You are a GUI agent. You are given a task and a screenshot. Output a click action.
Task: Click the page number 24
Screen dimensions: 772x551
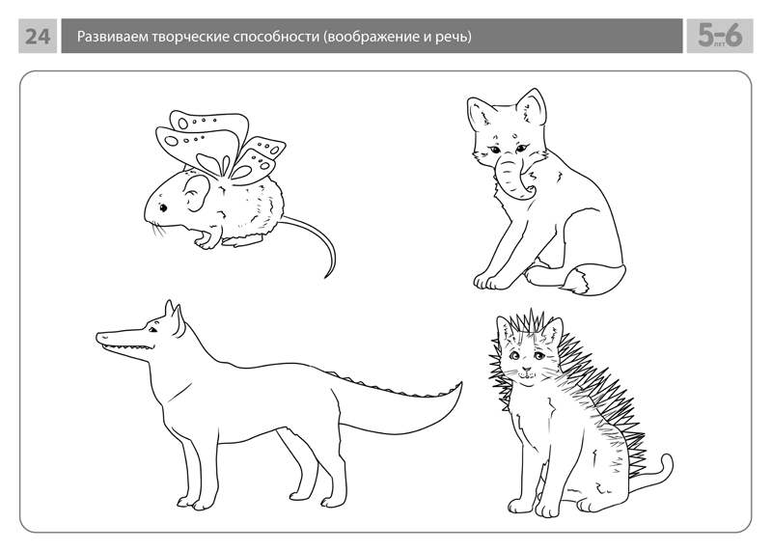[38, 37]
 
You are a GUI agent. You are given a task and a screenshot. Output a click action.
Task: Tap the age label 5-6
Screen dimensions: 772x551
[720, 36]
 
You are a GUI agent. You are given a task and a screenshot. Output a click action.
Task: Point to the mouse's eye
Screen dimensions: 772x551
[163, 207]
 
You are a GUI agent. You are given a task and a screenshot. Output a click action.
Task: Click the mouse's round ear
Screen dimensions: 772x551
[196, 193]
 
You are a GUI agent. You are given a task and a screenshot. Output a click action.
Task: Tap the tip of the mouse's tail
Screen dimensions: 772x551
[325, 278]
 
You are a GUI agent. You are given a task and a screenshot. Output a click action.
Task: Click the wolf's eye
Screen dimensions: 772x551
[153, 330]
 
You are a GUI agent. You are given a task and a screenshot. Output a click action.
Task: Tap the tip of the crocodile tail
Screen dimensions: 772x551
[461, 382]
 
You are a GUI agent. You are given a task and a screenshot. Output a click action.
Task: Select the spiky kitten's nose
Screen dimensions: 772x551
[526, 369]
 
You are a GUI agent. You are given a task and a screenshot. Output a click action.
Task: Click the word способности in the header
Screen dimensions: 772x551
[276, 38]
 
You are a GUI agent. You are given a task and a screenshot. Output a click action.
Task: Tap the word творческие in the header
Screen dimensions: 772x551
[190, 37]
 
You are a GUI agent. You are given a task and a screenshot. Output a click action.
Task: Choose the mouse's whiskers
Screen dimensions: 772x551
[157, 228]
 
